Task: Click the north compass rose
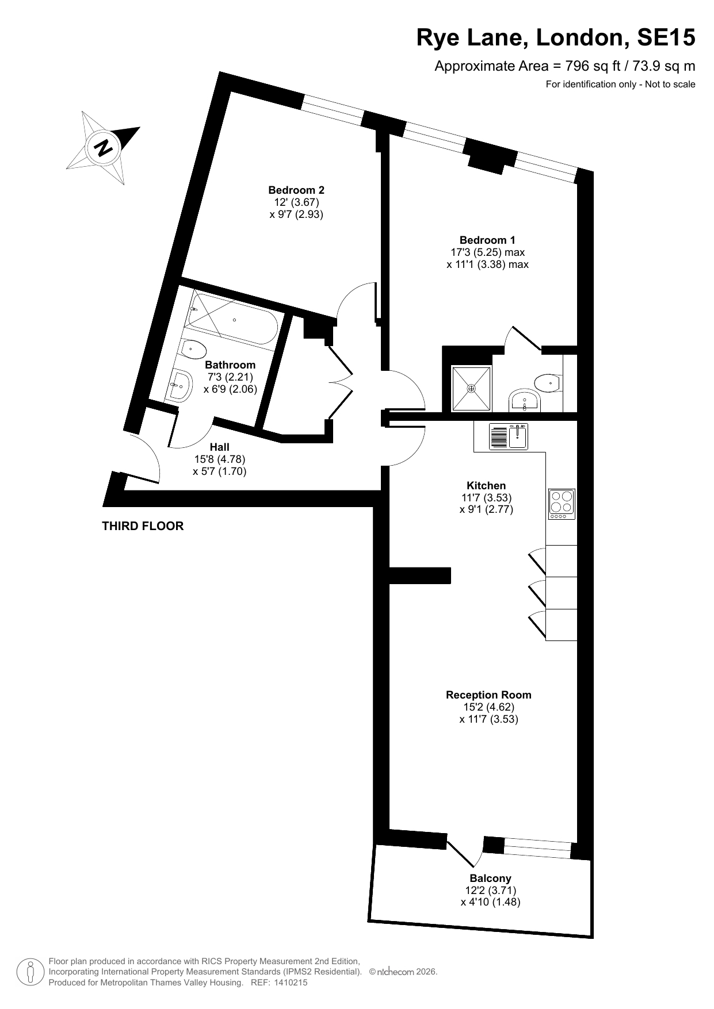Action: (104, 148)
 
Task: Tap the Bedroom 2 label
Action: (296, 190)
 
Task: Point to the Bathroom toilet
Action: (193, 348)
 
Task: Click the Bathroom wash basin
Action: (180, 384)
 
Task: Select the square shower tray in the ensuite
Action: (472, 389)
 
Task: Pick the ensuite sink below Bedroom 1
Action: (524, 401)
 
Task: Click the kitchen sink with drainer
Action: (509, 436)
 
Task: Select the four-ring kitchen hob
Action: (562, 504)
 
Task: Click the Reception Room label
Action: (488, 695)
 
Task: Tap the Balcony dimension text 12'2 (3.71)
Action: (490, 891)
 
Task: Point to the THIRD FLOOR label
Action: (143, 526)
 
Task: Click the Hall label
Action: (219, 447)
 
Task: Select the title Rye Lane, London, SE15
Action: (556, 38)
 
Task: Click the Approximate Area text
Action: (565, 66)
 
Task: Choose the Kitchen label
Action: (486, 485)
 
